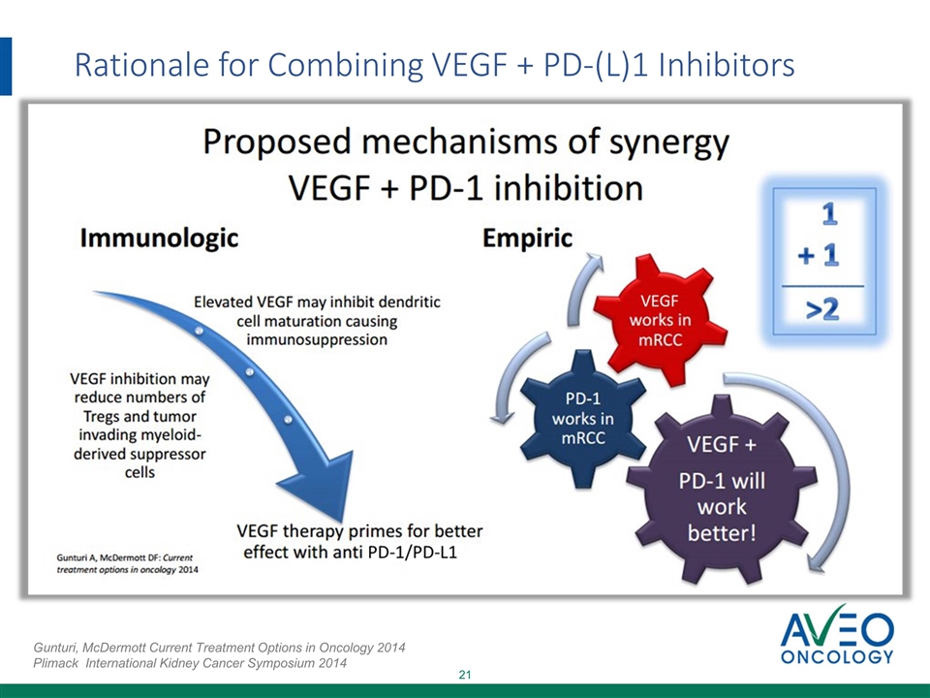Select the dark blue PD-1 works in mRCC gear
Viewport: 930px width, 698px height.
pyautogui.click(x=582, y=418)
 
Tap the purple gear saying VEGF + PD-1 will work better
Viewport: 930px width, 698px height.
pyautogui.click(x=722, y=489)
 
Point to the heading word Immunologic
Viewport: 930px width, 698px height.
pyautogui.click(x=159, y=238)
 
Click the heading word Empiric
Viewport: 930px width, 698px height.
pyautogui.click(x=527, y=238)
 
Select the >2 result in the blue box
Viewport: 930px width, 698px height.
pyautogui.click(x=822, y=309)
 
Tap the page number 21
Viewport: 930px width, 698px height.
pyautogui.click(x=465, y=675)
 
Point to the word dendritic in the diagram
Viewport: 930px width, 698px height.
pyautogui.click(x=410, y=302)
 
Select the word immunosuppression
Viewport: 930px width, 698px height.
pyautogui.click(x=317, y=339)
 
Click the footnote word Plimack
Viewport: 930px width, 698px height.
pyautogui.click(x=56, y=663)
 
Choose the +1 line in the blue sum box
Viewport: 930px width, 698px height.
pyautogui.click(x=819, y=255)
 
